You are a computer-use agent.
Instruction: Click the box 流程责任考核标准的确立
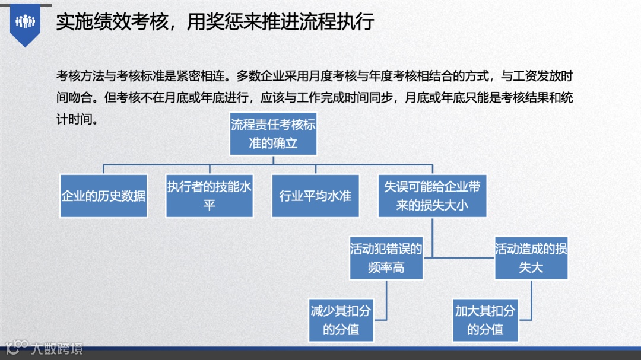273,134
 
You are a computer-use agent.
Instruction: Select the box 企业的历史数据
104,195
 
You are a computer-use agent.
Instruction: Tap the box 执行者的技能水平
210,195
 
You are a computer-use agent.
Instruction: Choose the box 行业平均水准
315,195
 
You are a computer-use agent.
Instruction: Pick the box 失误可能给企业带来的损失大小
432,195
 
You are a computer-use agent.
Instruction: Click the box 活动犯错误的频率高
386,258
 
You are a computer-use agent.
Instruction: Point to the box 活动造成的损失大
531,258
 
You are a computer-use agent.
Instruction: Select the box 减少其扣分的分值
341,320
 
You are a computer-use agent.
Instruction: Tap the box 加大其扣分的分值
485,320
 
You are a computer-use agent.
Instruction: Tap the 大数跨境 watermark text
57,348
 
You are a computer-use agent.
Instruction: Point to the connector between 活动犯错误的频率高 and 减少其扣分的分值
386,300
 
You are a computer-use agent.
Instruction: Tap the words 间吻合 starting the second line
74,97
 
